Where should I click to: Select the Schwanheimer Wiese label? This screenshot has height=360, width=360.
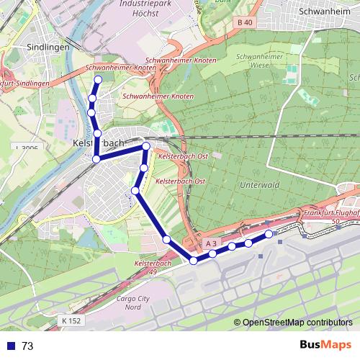(258, 60)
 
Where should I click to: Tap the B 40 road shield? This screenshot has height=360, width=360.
(246, 23)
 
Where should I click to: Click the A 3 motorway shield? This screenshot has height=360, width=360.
(211, 245)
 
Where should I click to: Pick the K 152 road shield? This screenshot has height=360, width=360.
(71, 320)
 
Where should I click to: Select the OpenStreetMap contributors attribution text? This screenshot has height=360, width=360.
(297, 323)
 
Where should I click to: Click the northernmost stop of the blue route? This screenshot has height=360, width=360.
(98, 80)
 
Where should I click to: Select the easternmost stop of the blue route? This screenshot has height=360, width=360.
(269, 234)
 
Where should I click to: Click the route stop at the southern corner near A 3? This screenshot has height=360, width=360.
(193, 261)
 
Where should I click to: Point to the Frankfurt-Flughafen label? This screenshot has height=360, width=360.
(332, 215)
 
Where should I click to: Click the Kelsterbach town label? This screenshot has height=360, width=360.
(99, 143)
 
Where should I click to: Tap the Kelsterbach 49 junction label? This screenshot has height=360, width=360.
(153, 268)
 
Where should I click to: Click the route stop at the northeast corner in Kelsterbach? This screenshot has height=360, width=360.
(146, 147)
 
